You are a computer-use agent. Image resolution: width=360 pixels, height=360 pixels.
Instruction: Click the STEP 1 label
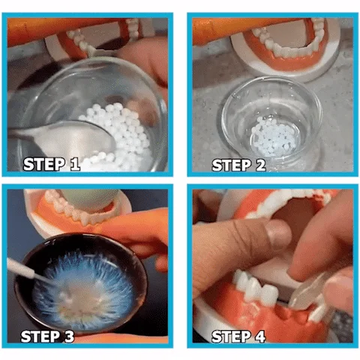(x=52, y=164)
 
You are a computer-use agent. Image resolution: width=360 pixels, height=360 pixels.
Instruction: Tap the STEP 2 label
(x=238, y=165)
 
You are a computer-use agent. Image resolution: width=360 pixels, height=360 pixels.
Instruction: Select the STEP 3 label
(x=47, y=337)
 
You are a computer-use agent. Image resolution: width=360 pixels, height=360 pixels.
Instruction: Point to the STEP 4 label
(x=238, y=337)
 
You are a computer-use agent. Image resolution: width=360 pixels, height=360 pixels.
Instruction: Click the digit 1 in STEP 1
(x=74, y=164)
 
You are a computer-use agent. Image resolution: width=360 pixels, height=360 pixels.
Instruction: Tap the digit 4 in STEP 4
(x=259, y=337)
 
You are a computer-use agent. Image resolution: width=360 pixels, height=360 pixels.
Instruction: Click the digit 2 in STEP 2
(x=260, y=165)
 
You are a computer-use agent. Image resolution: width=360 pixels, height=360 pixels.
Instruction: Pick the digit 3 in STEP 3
(x=68, y=337)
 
